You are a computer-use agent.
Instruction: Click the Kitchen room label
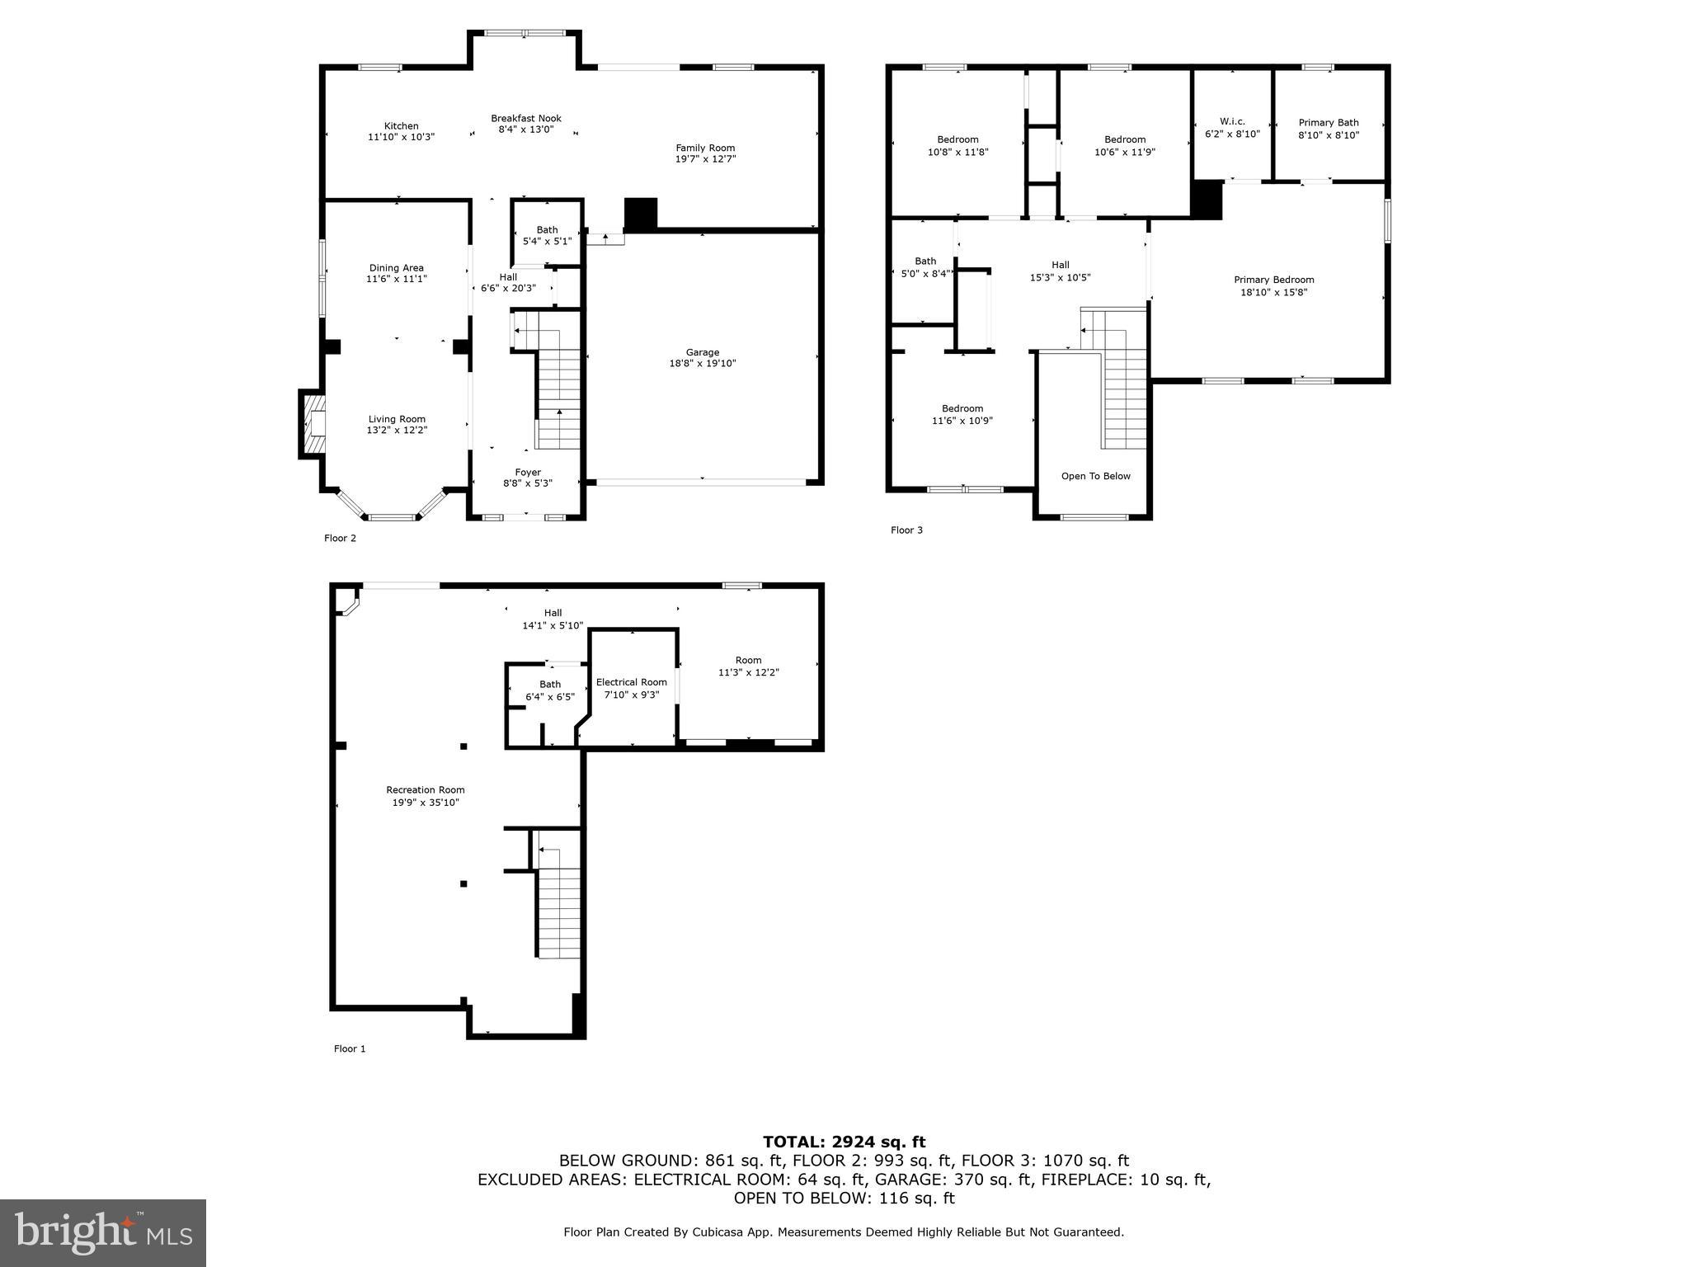tap(401, 126)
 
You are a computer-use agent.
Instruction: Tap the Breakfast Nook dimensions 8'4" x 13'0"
tap(525, 130)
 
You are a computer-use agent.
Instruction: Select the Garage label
tap(702, 352)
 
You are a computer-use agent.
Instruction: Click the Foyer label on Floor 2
tap(528, 473)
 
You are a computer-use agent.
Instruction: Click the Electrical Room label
tap(631, 682)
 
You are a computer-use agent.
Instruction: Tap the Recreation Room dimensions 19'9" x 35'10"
tap(426, 803)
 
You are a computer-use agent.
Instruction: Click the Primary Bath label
tap(1328, 123)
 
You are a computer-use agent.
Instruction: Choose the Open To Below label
tap(1095, 476)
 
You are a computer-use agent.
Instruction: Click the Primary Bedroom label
tap(1273, 280)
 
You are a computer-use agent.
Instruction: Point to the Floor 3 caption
tap(906, 530)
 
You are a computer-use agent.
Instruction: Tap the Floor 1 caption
tap(349, 1049)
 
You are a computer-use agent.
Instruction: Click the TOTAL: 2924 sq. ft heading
tap(844, 1142)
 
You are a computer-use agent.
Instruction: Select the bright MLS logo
tap(103, 1232)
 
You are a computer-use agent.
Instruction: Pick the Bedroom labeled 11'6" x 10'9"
tap(962, 408)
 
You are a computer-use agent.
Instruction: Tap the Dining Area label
tap(396, 268)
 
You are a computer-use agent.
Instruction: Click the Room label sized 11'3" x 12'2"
tap(748, 660)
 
